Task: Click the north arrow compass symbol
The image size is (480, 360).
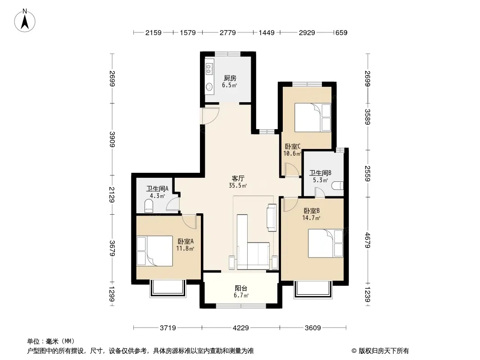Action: (x=25, y=20)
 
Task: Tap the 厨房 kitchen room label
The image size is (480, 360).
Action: (x=230, y=78)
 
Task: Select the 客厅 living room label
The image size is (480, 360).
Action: (x=238, y=178)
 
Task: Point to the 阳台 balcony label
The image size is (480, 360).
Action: (x=241, y=288)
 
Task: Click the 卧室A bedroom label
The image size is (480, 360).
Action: (x=186, y=242)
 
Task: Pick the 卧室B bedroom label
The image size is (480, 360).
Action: (x=312, y=211)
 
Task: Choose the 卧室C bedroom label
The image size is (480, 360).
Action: (x=293, y=147)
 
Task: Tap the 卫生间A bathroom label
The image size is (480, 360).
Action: (x=157, y=189)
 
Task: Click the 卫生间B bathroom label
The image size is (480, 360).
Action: (x=320, y=173)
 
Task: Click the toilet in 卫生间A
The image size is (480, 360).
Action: (x=149, y=206)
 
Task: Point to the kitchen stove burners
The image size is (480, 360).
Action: (x=209, y=68)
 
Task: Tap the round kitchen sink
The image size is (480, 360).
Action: (x=209, y=87)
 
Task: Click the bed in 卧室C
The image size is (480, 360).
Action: (x=312, y=118)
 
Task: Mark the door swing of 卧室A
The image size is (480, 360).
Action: (x=189, y=221)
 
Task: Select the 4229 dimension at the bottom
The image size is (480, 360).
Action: (x=241, y=328)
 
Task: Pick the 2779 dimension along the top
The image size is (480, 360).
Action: (x=228, y=32)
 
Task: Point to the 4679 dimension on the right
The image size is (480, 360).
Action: (x=367, y=240)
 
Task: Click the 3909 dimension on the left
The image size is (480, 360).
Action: (x=113, y=139)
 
